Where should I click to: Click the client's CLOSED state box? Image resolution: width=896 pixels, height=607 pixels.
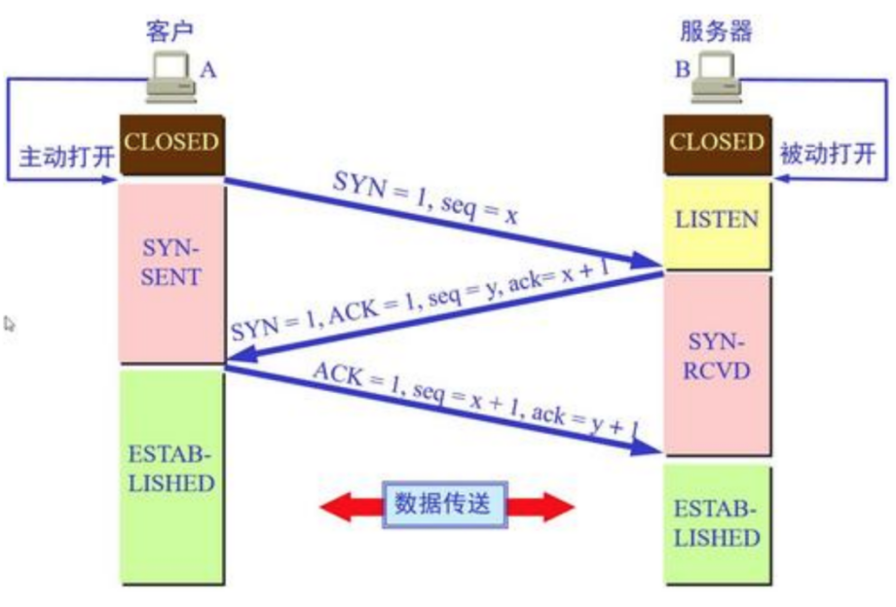tap(171, 144)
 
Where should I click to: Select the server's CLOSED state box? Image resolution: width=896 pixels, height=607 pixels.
tap(717, 144)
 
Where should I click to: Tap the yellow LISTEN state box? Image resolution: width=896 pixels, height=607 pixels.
tap(717, 219)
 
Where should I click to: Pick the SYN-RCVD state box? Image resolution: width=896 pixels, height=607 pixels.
tap(717, 356)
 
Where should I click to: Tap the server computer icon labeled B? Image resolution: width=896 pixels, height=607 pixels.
tap(717, 78)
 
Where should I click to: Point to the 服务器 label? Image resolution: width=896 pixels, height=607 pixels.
tap(716, 29)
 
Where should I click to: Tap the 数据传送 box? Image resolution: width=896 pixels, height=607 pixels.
tap(445, 505)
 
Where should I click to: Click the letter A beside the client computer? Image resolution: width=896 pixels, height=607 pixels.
tap(209, 70)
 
